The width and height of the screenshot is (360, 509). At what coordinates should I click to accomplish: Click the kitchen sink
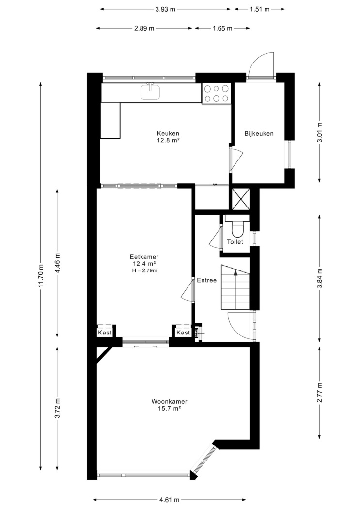coord(151,91)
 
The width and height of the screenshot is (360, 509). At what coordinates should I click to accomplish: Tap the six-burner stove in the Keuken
coord(216,94)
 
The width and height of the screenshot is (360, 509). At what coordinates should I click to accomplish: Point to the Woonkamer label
coord(169,401)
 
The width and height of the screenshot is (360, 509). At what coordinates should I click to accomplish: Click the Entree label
coord(206,280)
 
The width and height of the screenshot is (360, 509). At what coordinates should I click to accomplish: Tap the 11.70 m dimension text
coord(41,275)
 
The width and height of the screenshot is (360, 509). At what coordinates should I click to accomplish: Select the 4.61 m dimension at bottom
coord(169,500)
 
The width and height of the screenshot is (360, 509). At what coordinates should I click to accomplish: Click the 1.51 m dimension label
coord(260,9)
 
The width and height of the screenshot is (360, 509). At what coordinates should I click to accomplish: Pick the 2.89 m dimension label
coord(144,28)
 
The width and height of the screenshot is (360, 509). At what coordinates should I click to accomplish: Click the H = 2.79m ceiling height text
coord(144,270)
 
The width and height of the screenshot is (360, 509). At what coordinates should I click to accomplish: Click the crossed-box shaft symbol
coord(239,199)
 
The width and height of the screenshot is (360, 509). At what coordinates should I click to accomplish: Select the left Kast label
coord(105,333)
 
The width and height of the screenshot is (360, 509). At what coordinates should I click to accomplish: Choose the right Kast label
coord(183,333)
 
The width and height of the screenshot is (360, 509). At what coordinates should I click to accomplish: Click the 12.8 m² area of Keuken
coord(168,140)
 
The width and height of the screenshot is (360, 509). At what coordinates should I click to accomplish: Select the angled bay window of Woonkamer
coord(203,459)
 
